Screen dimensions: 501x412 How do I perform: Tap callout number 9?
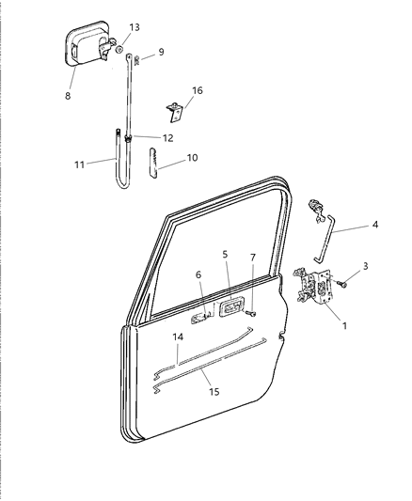(x=160, y=52)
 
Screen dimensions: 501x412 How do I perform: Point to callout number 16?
(x=198, y=92)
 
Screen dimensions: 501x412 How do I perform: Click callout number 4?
(x=374, y=226)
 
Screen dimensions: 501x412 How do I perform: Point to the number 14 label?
(x=179, y=336)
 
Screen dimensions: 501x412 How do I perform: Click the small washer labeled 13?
(x=123, y=48)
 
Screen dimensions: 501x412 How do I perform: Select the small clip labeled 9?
(x=137, y=60)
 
